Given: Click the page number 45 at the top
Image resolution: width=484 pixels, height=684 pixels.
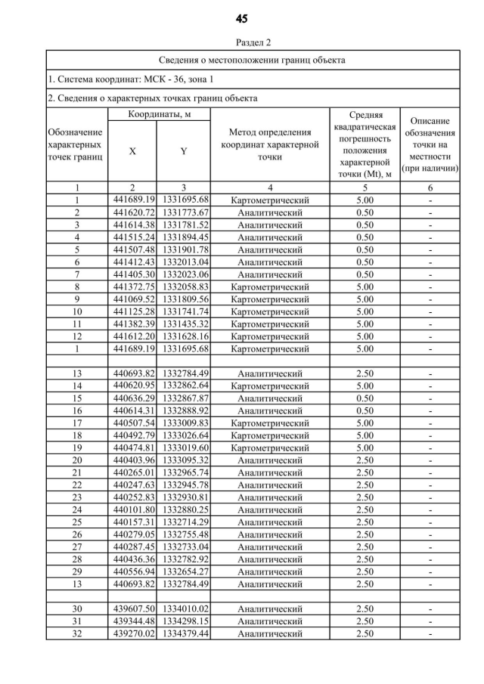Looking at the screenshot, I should pos(241,18).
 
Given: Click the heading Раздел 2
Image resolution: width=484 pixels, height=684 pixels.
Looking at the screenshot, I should pos(241,42).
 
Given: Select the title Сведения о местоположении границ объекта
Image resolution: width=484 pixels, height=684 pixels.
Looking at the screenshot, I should pos(253,60).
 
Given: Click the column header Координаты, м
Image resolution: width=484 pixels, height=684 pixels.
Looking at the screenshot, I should pos(159,114).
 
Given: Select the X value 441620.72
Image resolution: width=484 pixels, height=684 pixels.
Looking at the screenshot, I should pos(133,213).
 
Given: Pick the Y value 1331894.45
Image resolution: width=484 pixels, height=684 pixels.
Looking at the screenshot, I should pos(184,237).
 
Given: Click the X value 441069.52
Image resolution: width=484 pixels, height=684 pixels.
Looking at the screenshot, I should pos(133,299).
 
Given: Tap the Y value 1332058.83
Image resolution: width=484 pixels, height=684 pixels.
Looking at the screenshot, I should pos(184,286).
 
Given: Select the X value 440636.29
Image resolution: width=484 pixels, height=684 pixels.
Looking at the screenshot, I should pos(133,398).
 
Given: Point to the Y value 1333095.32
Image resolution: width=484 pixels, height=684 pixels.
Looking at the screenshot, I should pos(184,460).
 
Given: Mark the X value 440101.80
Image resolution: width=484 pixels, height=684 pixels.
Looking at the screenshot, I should pos(133,509).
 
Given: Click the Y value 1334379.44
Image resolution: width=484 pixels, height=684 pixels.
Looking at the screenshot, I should pos(184,633).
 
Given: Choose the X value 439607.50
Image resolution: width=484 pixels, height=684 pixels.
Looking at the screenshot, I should pos(133,608).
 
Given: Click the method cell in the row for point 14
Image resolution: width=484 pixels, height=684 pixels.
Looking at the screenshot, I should pos(269,385).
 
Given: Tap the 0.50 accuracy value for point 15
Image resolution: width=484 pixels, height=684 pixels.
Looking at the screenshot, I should pos(365,398).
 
